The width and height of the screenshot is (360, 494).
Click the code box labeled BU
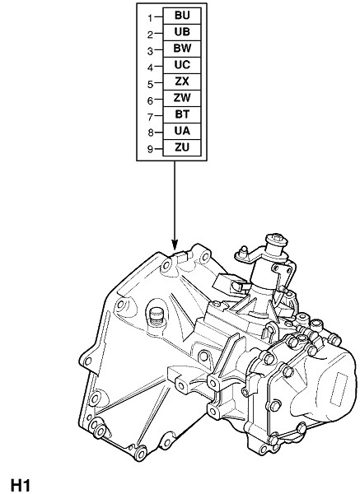pos(182,16)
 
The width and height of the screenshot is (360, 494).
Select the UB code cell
pos(182,32)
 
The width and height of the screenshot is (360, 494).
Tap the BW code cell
pos(182,49)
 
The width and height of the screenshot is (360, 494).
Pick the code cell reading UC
pos(182,65)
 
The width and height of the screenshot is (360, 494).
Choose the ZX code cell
pos(182,82)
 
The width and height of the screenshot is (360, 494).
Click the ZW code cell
pos(182,98)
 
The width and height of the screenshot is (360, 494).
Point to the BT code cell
pos(182,114)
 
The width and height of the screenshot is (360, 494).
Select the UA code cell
pos(182,131)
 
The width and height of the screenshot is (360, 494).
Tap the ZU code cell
pos(182,147)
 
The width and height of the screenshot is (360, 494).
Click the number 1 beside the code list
pos(151,18)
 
